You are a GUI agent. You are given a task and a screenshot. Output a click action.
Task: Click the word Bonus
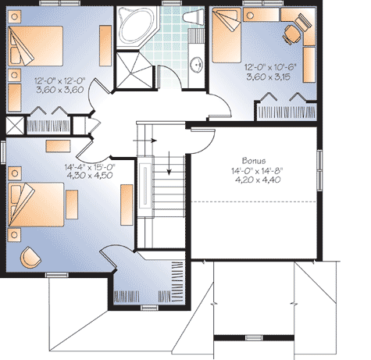pyautogui.click(x=254, y=159)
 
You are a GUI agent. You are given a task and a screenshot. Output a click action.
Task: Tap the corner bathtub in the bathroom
pyautogui.click(x=137, y=25)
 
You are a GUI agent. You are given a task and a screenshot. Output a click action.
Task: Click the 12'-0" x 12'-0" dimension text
pyautogui.click(x=58, y=79)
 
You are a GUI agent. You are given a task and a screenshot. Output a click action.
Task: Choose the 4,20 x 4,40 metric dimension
pyautogui.click(x=255, y=180)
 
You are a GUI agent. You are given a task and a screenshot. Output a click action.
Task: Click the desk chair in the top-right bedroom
pyautogui.click(x=291, y=33)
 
